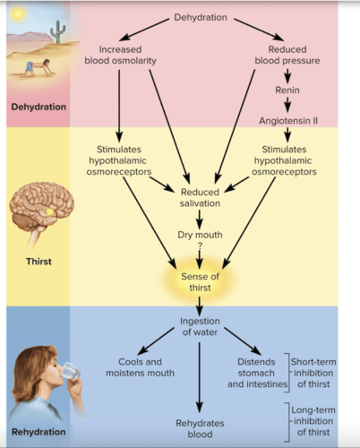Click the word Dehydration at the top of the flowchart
(201, 18)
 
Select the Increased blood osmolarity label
(120, 55)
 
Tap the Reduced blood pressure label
(287, 55)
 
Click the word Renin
(287, 90)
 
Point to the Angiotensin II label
(288, 121)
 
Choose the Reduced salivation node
(200, 197)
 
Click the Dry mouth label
(200, 235)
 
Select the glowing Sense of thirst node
(200, 282)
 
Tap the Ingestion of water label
(200, 326)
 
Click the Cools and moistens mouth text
(140, 367)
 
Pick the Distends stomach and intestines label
(257, 373)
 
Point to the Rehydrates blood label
(200, 429)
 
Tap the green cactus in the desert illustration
(58, 32)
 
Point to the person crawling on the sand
(37, 67)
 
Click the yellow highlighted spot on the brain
(50, 212)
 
